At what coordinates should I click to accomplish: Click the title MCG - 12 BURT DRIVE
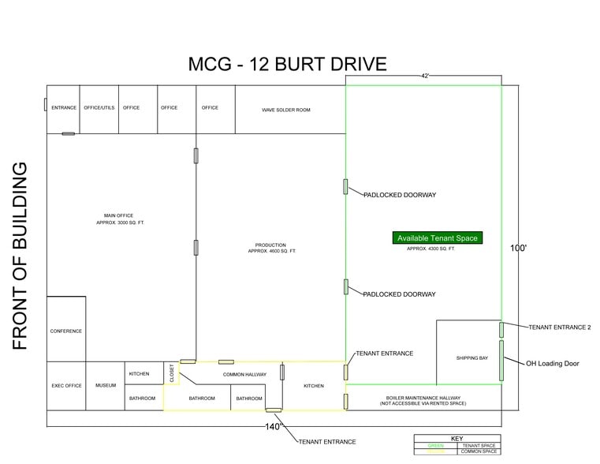(287, 64)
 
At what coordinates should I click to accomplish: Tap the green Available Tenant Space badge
(437, 238)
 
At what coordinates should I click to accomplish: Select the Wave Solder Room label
(286, 110)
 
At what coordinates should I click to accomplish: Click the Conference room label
(65, 331)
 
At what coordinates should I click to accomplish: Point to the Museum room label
(105, 386)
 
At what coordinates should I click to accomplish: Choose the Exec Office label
(66, 386)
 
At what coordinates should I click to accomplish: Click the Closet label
(172, 373)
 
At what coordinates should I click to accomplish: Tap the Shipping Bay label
(471, 358)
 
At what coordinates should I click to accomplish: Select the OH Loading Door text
(553, 364)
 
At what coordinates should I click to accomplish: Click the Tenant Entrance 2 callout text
(559, 327)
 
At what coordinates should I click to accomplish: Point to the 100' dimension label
(518, 248)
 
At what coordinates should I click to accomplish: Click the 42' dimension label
(425, 77)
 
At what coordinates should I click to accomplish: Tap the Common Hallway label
(244, 374)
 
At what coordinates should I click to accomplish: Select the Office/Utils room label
(99, 108)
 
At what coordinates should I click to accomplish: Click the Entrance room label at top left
(64, 108)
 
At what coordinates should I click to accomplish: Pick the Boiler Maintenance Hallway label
(423, 400)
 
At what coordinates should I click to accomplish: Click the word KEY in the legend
(457, 438)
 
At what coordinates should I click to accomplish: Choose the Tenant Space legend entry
(479, 445)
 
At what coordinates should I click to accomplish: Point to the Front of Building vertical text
(20, 256)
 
